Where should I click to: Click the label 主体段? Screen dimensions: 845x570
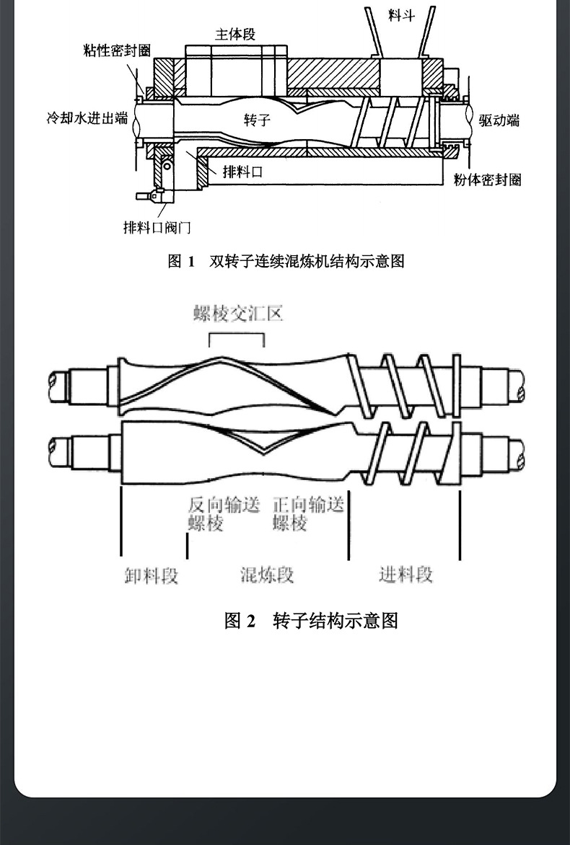pos(235,34)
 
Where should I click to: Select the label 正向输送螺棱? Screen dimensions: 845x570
pos(307,514)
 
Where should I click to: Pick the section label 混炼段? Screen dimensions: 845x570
pos(267,575)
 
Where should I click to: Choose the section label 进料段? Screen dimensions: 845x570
pos(405,574)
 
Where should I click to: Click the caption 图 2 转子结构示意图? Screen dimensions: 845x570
pos(311,620)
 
